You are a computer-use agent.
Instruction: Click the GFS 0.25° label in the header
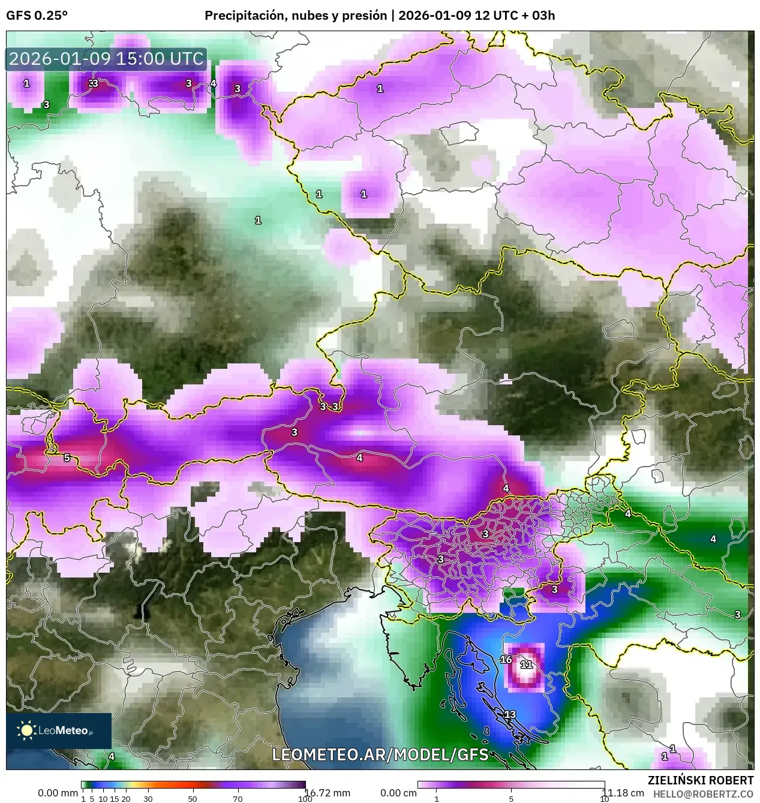tap(37, 16)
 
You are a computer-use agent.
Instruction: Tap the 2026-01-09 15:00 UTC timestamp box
tap(106, 59)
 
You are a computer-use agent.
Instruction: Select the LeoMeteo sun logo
tap(26, 730)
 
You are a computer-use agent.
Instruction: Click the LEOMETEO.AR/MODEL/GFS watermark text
tap(380, 754)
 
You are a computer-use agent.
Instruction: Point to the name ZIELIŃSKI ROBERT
tap(701, 780)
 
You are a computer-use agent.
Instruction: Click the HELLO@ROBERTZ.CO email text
tap(703, 793)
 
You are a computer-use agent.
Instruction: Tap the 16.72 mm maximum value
tap(328, 793)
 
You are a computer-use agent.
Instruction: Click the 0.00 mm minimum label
tap(58, 793)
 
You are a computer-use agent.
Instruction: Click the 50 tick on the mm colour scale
tap(193, 799)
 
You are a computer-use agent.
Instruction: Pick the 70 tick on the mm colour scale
tap(238, 799)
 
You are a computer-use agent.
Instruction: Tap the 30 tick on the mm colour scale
tap(148, 799)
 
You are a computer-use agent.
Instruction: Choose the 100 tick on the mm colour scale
tap(305, 799)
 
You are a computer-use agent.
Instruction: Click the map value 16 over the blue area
tap(506, 660)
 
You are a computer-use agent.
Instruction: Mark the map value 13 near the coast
tap(510, 714)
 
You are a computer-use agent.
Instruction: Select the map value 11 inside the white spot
tap(526, 664)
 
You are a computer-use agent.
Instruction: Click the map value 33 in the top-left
tap(93, 83)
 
